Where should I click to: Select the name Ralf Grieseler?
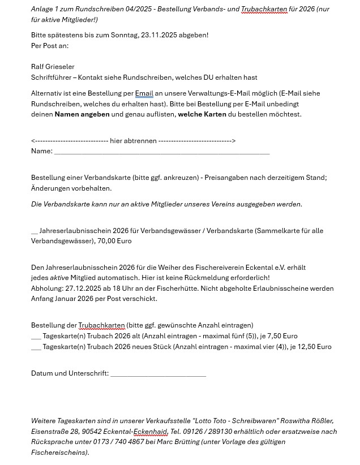pyautogui.click(x=53, y=67)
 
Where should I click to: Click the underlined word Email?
pyautogui.click(x=144, y=93)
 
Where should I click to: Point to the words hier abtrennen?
pyautogui.click(x=133, y=141)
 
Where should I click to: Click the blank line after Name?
pyautogui.click(x=162, y=152)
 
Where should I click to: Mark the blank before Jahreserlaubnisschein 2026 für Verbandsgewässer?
pyautogui.click(x=35, y=231)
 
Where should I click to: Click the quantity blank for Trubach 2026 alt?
pyautogui.click(x=36, y=336)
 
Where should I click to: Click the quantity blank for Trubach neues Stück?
pyautogui.click(x=36, y=347)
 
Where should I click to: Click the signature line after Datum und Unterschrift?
pyautogui.click(x=158, y=374)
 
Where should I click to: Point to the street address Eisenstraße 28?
pyautogui.click(x=55, y=432)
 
